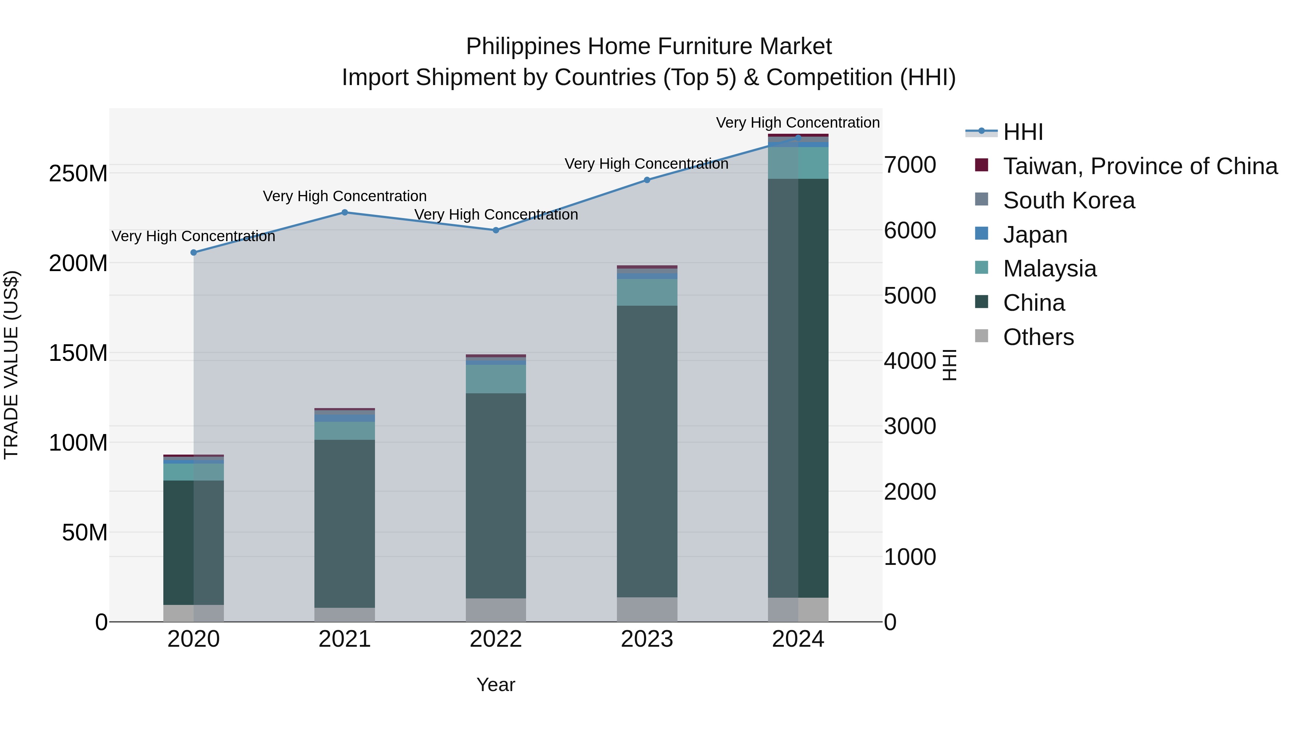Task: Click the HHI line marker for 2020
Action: [x=194, y=252]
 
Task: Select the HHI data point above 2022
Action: [x=496, y=230]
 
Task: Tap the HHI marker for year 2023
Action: [x=647, y=180]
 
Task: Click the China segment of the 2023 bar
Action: [x=647, y=451]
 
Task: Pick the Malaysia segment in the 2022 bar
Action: [x=496, y=379]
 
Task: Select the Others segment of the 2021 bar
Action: [x=345, y=615]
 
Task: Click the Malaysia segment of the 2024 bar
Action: [x=798, y=163]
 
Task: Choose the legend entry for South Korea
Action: [x=1069, y=200]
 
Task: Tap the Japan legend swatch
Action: [x=981, y=234]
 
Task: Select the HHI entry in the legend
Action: [x=1023, y=132]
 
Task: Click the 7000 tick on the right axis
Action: [x=910, y=165]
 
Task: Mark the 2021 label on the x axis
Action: [x=345, y=639]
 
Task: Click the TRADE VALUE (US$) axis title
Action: [x=11, y=365]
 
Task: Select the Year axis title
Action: [x=496, y=685]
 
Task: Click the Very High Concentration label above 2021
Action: [x=345, y=196]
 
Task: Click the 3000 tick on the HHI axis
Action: [x=910, y=426]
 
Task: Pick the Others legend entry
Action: [x=1038, y=337]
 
